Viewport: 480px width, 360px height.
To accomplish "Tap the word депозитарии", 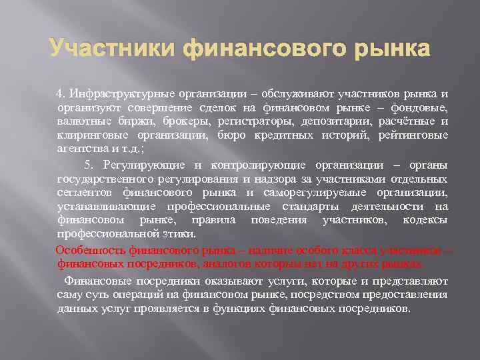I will click(x=315, y=121).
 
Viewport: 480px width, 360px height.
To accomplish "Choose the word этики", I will click(x=179, y=235).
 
